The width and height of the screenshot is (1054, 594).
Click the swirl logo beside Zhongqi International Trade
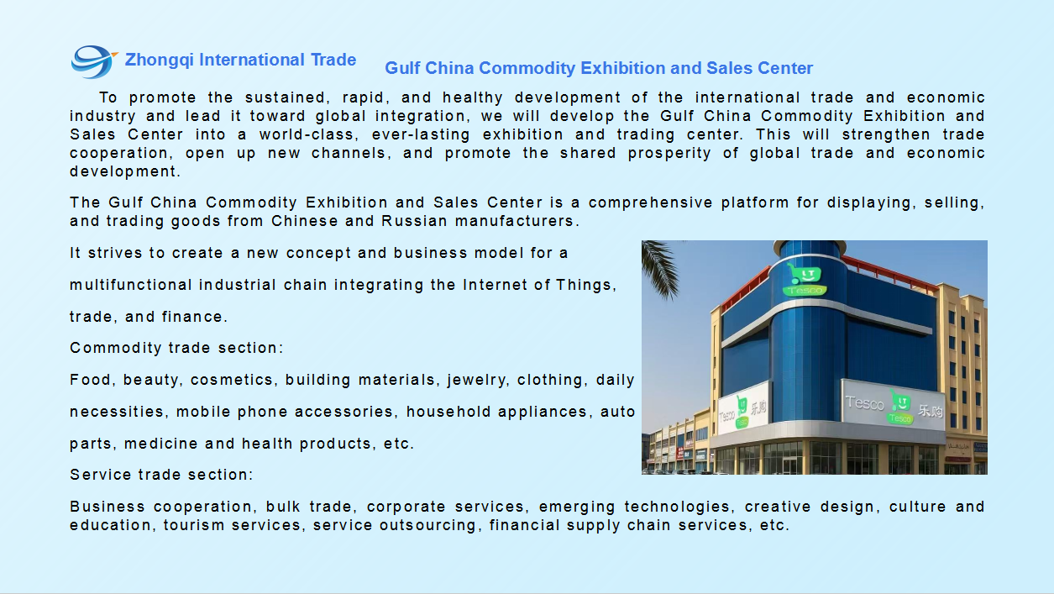(93, 61)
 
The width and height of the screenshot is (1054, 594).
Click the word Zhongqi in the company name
(159, 60)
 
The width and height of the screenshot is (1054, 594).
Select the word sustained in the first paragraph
(286, 97)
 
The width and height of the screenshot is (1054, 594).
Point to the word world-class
(309, 134)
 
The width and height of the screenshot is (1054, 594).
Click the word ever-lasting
(421, 134)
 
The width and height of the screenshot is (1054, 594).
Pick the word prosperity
(669, 154)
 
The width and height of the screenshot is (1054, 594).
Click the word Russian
(413, 221)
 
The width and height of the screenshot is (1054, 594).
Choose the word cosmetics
(232, 380)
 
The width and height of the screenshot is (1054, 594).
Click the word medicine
(161, 444)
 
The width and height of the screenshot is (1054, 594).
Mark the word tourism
(194, 525)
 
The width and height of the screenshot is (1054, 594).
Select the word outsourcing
(428, 525)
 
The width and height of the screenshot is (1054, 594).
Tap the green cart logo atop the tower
(804, 279)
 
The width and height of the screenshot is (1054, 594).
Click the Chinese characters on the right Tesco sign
(931, 411)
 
